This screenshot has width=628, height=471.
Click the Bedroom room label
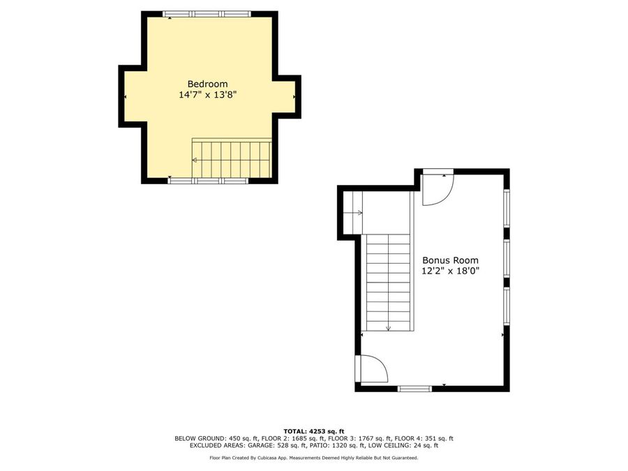(207, 84)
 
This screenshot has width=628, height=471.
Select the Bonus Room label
(449, 260)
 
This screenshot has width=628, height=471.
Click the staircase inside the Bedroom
(232, 159)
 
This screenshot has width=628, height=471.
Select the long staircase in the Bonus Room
(388, 282)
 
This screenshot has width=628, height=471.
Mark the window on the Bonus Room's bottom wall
(414, 388)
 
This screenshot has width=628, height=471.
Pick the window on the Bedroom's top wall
(206, 14)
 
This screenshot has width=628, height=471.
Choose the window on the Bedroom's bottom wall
(208, 181)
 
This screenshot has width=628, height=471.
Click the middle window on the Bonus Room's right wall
(507, 259)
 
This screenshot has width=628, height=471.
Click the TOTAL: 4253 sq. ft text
(313, 431)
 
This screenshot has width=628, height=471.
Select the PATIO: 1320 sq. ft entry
(341, 445)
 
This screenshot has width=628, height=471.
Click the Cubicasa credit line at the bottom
(313, 458)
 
